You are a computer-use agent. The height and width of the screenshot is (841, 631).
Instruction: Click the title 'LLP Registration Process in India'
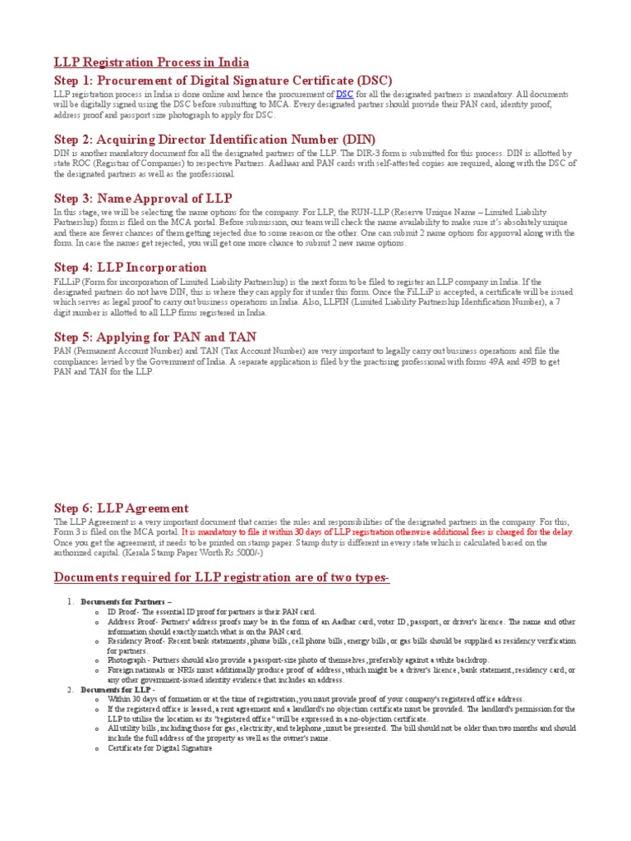[x=151, y=62]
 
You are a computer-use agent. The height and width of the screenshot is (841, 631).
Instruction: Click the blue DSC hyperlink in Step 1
[x=344, y=95]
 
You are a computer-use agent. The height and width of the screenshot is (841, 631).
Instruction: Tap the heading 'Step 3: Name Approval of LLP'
[x=143, y=198]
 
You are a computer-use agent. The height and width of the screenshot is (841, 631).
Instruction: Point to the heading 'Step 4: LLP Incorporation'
[x=130, y=267]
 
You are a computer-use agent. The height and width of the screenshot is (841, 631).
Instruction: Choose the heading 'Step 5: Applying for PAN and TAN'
[x=155, y=337]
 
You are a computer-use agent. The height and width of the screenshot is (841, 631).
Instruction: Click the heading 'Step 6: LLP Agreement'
[x=121, y=508]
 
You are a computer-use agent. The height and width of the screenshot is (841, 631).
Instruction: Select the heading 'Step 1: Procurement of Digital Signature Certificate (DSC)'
[x=223, y=80]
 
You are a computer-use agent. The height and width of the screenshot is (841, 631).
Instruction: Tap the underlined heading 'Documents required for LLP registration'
[x=221, y=577]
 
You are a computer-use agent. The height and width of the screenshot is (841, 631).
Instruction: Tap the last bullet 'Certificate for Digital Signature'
[x=159, y=748]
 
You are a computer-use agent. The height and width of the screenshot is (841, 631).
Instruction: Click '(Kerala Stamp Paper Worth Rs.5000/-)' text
[x=201, y=553]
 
